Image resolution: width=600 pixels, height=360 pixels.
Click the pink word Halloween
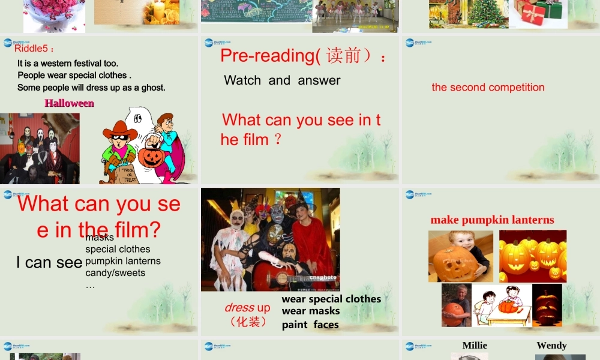click(69, 103)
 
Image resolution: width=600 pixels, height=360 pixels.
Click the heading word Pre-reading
click(263, 55)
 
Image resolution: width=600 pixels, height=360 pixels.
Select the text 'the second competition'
click(488, 87)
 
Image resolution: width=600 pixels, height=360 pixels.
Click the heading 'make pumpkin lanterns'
click(492, 220)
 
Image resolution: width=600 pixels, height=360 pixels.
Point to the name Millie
click(475, 345)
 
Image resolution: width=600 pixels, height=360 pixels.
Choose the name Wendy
click(551, 345)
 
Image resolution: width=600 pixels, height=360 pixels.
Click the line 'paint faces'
click(310, 325)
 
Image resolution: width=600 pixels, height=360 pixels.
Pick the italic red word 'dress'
click(239, 308)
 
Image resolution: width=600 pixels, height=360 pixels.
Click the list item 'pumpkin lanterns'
click(123, 261)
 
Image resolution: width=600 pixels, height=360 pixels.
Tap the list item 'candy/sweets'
click(115, 273)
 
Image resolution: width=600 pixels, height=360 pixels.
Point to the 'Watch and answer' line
click(282, 80)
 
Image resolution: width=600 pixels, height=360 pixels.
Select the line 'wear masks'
click(311, 311)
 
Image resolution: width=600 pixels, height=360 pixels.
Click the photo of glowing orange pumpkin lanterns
click(533, 256)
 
